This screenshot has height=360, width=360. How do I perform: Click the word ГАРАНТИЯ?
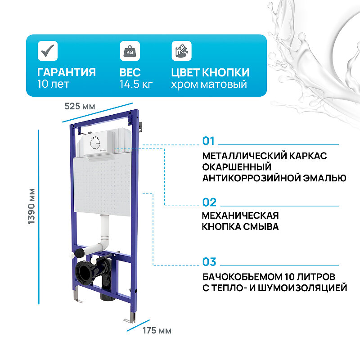[x=66, y=72]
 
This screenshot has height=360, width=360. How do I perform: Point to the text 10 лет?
[x=54, y=84]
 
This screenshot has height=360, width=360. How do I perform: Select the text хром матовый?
[x=209, y=84]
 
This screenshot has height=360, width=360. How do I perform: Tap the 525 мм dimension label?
[x=80, y=106]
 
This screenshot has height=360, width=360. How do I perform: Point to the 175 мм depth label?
[x=157, y=331]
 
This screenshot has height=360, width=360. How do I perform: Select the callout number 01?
[x=209, y=141]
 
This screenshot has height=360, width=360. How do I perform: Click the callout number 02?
[x=209, y=202]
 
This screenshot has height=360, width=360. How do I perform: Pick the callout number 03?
[x=209, y=261]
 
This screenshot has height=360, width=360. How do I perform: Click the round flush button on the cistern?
[x=94, y=143]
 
